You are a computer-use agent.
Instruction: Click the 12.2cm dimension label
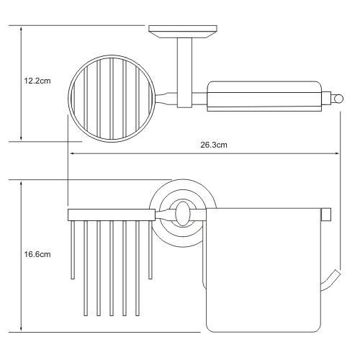tap(37, 81)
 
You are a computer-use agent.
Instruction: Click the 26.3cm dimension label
tap(214, 145)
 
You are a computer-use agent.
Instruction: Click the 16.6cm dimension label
tap(37, 254)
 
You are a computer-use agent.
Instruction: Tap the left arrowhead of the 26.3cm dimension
tap(72, 153)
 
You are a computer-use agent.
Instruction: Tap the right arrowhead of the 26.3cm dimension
tap(337, 153)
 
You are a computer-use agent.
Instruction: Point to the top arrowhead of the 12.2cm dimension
tap(21, 30)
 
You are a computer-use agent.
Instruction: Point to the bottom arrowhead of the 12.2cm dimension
tap(21, 138)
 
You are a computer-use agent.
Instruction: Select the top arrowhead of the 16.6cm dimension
tap(21, 184)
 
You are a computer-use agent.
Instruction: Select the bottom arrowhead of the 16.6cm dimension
tap(21, 328)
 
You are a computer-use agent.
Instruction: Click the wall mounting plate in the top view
tap(183, 32)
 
